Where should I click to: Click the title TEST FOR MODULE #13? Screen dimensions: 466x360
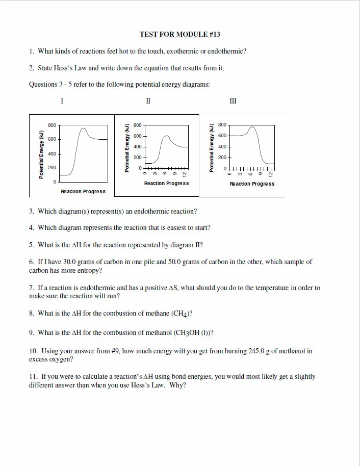pyautogui.click(x=179, y=35)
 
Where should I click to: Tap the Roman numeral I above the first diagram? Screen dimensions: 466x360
pyautogui.click(x=62, y=101)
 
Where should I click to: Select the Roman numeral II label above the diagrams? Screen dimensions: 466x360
pyautogui.click(x=148, y=101)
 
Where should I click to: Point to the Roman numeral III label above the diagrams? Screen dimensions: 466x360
pyautogui.click(x=233, y=101)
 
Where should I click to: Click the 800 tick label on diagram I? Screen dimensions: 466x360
pyautogui.click(x=52, y=125)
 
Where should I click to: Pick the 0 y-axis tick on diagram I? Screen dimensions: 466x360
pyautogui.click(x=55, y=182)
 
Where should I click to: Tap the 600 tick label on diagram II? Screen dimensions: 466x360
pyautogui.click(x=137, y=136)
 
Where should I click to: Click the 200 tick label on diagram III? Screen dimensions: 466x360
pyautogui.click(x=222, y=158)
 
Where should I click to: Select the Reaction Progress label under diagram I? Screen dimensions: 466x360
pyautogui.click(x=83, y=191)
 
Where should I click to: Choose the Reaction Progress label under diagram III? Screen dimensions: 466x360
pyautogui.click(x=252, y=184)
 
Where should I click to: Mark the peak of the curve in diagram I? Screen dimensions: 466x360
pyautogui.click(x=84, y=128)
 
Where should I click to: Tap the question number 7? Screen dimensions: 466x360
pyautogui.click(x=32, y=288)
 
